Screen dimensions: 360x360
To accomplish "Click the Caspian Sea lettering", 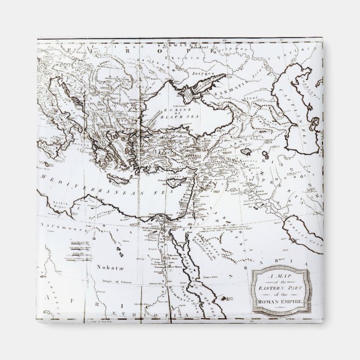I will [x=309, y=112].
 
